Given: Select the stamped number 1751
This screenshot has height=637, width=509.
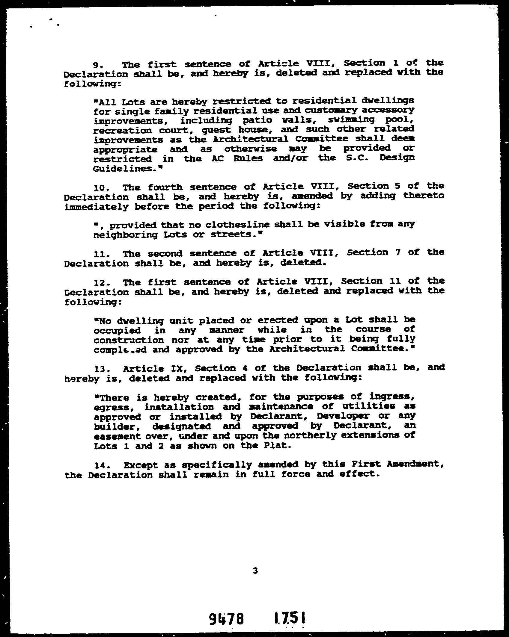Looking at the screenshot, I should pyautogui.click(x=290, y=618).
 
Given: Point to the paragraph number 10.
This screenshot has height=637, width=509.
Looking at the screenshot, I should pyautogui.click(x=99, y=188).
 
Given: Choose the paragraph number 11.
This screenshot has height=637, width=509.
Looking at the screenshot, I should pyautogui.click(x=99, y=254).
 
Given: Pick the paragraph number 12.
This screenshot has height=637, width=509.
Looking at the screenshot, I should pyautogui.click(x=99, y=283).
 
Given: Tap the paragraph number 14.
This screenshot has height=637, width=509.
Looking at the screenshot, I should pyautogui.click(x=99, y=466).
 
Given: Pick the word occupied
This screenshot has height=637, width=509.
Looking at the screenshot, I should pyautogui.click(x=117, y=331).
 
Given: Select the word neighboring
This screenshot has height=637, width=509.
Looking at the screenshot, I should pyautogui.click(x=125, y=235).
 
